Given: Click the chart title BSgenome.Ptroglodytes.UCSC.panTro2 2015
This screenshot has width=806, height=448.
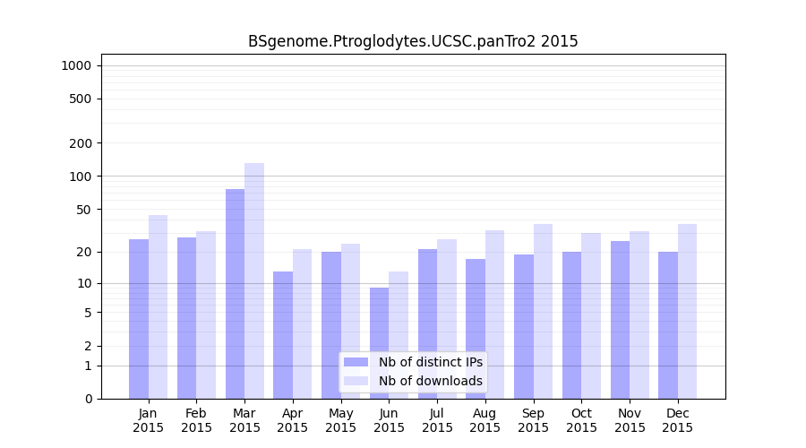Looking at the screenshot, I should tap(413, 41).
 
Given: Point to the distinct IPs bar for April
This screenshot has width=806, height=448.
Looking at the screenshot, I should tap(283, 335).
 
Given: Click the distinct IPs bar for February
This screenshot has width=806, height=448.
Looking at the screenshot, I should tap(186, 318).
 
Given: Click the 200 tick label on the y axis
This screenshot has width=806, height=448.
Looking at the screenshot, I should tap(81, 143).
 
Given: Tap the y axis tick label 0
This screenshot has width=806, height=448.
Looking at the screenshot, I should tap(88, 399).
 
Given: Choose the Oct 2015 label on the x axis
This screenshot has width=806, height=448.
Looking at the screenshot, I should tap(581, 420).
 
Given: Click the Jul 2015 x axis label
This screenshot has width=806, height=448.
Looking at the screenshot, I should tap(437, 420).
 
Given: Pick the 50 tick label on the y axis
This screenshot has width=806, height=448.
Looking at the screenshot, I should tap(83, 210).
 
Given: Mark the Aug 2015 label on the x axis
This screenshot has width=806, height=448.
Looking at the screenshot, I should tap(485, 420).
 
